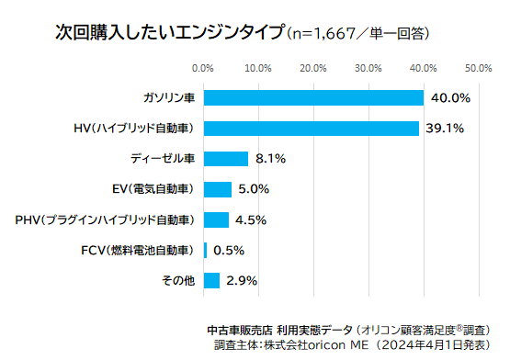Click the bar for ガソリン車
pos(313,97)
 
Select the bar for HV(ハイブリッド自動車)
pos(311,128)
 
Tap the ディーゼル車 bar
pos(225,158)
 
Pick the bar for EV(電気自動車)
pos(217,189)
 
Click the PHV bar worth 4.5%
pos(216,219)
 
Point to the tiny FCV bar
pos(205,250)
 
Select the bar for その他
pos(211,280)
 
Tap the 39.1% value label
pos(446,128)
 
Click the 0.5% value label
pos(229,250)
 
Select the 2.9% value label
pos(241,280)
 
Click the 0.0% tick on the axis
pos(203,68)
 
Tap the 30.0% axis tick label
pos(368,68)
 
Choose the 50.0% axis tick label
pos(478,68)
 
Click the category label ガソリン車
pos(168,97)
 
